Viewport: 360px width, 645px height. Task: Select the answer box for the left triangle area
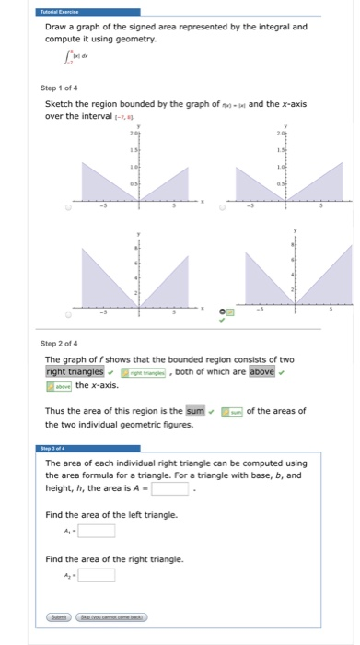pyautogui.click(x=97, y=530)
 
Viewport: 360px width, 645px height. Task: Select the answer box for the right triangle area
pyautogui.click(x=97, y=575)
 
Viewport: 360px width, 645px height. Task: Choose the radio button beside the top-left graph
pyautogui.click(x=56, y=207)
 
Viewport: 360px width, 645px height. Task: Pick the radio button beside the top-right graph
pyautogui.click(x=220, y=207)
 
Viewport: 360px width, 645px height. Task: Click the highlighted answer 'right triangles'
pyautogui.click(x=74, y=371)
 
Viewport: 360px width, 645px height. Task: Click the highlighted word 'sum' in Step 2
pyautogui.click(x=194, y=411)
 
